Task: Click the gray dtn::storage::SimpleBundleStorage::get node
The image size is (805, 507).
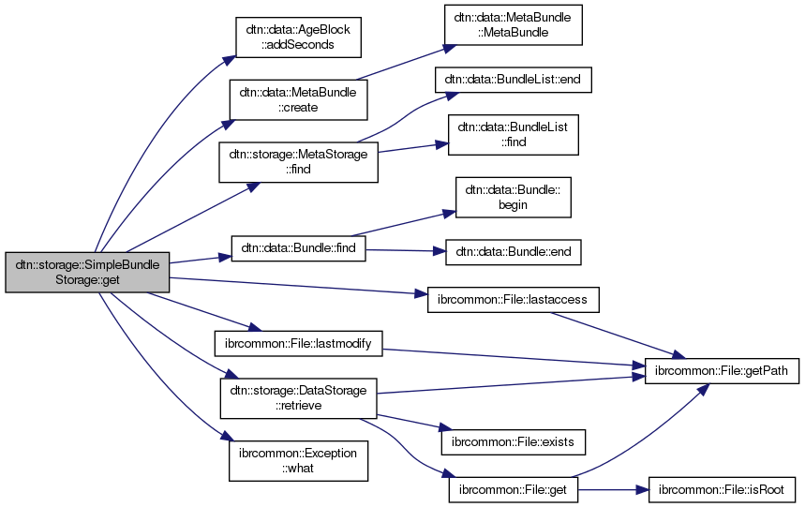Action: tap(87, 272)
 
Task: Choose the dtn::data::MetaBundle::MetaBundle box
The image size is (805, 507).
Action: tap(512, 25)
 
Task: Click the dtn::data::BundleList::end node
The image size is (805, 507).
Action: tap(513, 80)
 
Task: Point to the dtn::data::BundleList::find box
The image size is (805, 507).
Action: tap(514, 136)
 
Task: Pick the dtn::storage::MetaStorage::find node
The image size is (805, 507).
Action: tap(298, 161)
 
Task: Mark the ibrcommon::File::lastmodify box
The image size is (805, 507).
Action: tap(298, 344)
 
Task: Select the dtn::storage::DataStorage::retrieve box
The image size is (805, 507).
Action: tap(298, 397)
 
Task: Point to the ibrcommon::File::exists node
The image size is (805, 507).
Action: tap(513, 439)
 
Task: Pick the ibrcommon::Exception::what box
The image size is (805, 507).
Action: tap(298, 460)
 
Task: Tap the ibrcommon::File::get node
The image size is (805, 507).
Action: tap(513, 489)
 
